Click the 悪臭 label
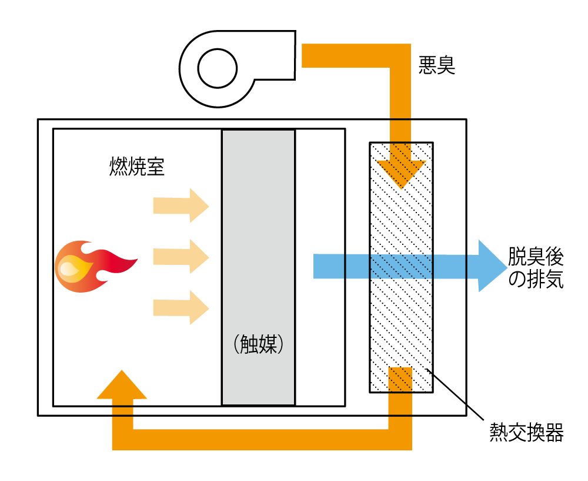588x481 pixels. click(x=437, y=64)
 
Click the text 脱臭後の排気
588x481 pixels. click(x=535, y=268)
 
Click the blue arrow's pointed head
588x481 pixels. click(x=491, y=266)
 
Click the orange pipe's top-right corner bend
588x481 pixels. click(x=400, y=56)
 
